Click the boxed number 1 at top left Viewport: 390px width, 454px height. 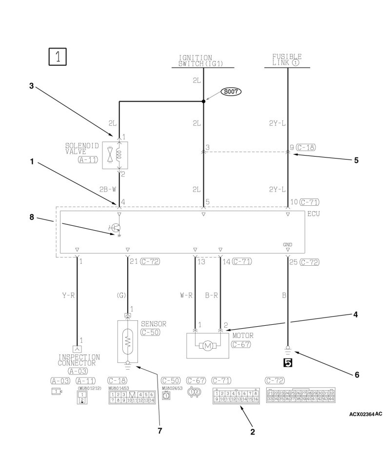click(58, 56)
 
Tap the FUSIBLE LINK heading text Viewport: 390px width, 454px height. click(287, 60)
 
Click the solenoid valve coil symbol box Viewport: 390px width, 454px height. click(115, 155)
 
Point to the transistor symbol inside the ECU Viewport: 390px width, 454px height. click(116, 228)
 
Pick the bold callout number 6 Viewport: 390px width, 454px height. click(356, 375)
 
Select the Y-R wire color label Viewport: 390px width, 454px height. click(68, 295)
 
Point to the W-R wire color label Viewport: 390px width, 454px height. click(186, 295)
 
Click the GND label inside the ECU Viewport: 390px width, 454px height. click(288, 244)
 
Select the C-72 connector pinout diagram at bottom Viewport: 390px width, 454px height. click(300, 395)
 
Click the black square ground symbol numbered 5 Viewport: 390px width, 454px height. click(288, 362)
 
